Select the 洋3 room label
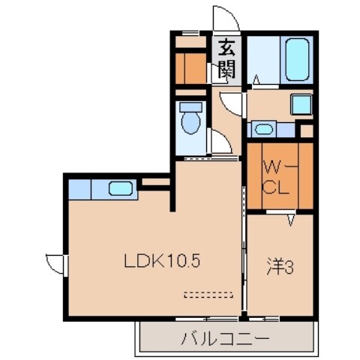(280, 266)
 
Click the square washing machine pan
(301, 103)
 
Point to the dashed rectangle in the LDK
(210, 293)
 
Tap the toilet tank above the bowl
(190, 106)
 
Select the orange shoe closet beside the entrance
(190, 66)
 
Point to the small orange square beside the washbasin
(305, 130)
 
